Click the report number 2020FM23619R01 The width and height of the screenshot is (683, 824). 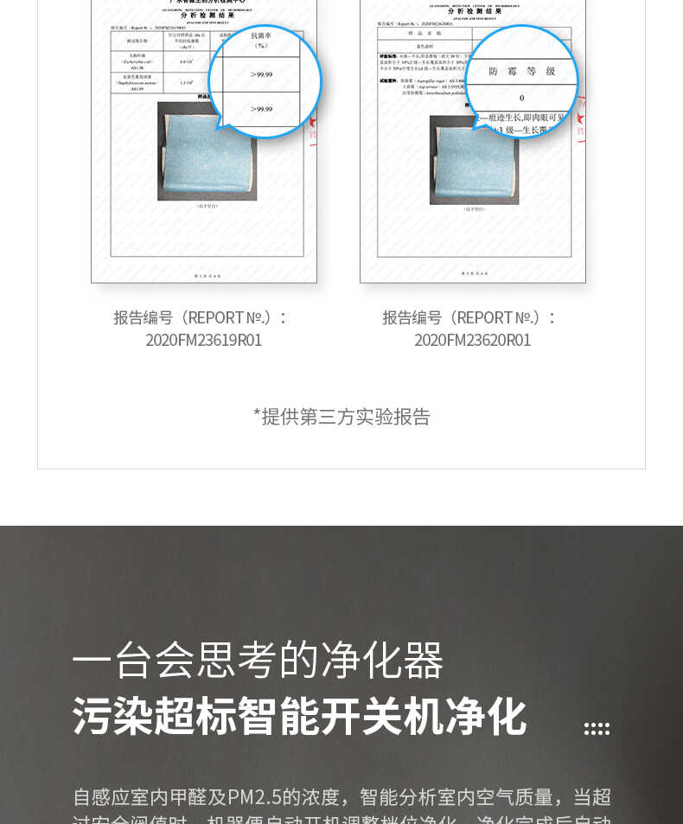[203, 340]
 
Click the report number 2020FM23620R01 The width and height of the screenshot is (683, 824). [472, 340]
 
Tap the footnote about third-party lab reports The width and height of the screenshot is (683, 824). [341, 417]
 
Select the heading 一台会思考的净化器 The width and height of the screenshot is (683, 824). [258, 661]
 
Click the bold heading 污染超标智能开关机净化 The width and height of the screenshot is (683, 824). [299, 716]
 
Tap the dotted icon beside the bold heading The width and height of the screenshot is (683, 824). [597, 729]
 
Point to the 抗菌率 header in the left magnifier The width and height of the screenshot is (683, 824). [261, 41]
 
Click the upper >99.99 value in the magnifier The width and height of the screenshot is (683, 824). [261, 75]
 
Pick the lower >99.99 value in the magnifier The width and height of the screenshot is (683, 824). [261, 109]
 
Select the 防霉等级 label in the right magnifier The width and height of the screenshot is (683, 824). [521, 71]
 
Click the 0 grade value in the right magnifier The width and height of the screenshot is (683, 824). [521, 98]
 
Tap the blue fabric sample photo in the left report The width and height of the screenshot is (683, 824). [207, 150]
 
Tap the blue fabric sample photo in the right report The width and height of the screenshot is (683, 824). [474, 160]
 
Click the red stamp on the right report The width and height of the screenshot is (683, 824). [581, 117]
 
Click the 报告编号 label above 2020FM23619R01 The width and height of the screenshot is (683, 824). [144, 317]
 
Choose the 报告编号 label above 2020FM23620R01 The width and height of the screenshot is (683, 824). [412, 317]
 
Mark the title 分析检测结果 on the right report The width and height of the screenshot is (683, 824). [474, 11]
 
